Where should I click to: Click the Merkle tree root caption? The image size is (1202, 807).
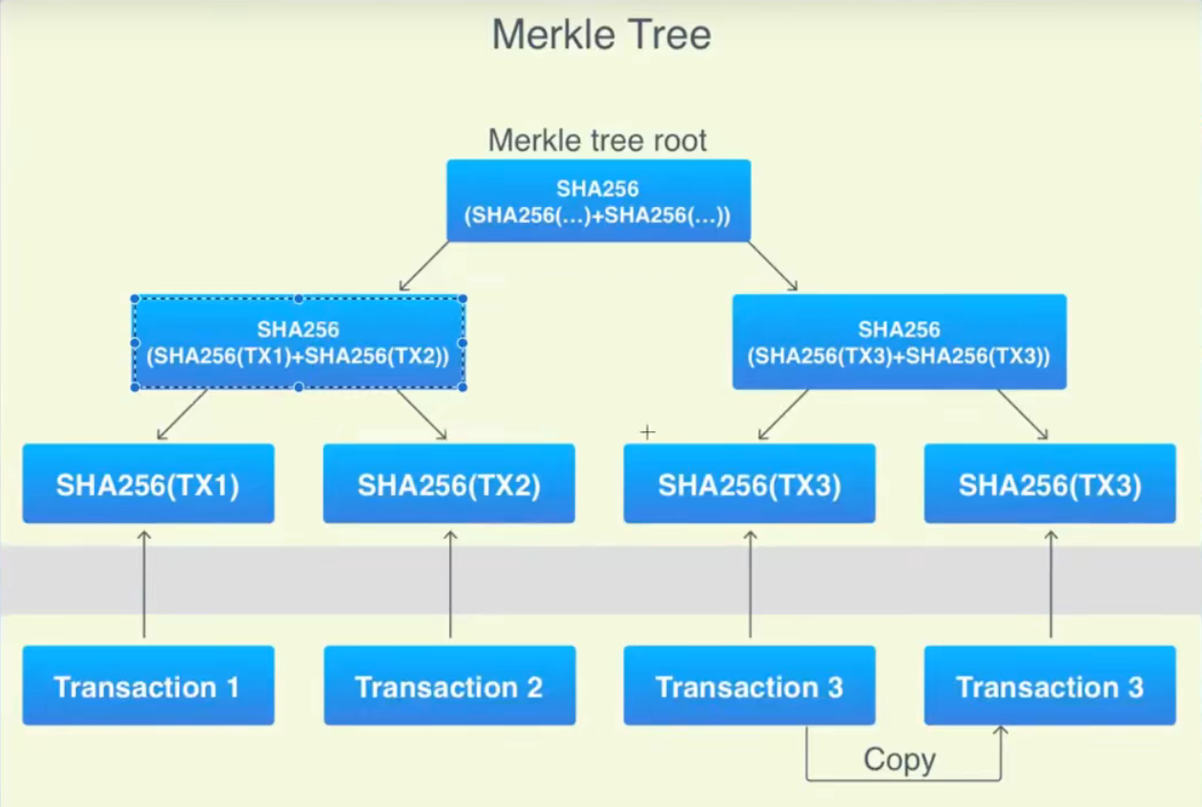tap(597, 140)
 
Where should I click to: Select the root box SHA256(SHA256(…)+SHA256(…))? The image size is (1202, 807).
tap(598, 200)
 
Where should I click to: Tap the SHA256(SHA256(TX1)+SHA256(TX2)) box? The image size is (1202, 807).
tap(299, 342)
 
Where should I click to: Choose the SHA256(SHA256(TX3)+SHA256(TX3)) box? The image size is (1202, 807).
tap(899, 342)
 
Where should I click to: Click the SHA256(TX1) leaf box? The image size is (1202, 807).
tap(148, 484)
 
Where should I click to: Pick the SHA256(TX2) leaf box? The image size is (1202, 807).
tap(448, 484)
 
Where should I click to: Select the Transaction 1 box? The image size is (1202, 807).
tap(148, 686)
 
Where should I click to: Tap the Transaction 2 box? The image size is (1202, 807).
tap(448, 686)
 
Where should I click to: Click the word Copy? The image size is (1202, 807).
tap(899, 760)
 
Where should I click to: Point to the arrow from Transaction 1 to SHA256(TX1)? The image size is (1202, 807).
tap(144, 584)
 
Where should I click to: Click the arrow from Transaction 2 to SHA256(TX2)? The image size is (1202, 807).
tap(450, 584)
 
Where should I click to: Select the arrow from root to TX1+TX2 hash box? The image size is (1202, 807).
tap(425, 266)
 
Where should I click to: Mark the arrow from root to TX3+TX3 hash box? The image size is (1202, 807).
tap(773, 266)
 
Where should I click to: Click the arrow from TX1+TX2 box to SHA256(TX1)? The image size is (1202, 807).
tap(182, 415)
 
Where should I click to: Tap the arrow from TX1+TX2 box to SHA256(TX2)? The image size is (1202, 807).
tap(421, 415)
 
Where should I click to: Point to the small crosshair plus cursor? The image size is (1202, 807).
tap(648, 432)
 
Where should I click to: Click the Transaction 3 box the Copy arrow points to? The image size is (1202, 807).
tap(1049, 686)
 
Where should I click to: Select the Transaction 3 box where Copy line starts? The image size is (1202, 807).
tap(749, 686)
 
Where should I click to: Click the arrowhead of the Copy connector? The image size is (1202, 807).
tap(1001, 732)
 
